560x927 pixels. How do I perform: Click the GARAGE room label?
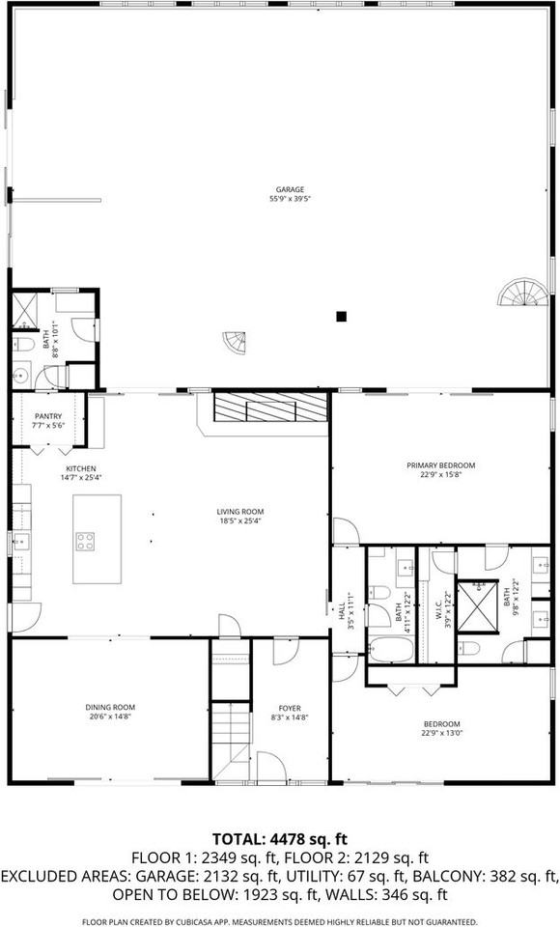coord(290,189)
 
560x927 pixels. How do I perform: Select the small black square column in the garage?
coord(341,316)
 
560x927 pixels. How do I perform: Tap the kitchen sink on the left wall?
coord(19,544)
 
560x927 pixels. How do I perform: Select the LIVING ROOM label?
coord(240,512)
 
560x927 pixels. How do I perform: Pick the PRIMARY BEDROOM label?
coord(440,464)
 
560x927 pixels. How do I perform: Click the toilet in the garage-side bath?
coord(25,344)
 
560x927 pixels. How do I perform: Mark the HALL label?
coord(342,611)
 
